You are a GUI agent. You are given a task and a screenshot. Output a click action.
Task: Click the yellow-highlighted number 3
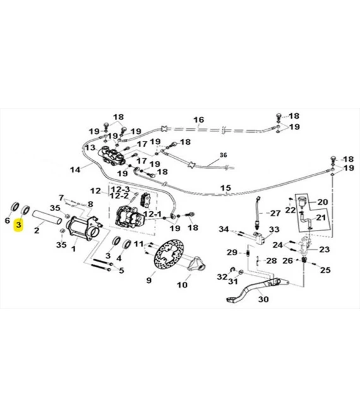(x=19, y=225)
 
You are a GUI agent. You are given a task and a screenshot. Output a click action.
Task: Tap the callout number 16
(x=199, y=119)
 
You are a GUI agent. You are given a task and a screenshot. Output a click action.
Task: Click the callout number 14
(x=76, y=169)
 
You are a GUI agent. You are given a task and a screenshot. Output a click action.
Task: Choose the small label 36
(x=222, y=155)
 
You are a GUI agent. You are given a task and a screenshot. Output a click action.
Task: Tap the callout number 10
(x=183, y=285)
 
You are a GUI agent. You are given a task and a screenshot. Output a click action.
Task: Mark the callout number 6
(x=8, y=221)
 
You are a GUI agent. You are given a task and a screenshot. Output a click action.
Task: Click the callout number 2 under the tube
(x=37, y=231)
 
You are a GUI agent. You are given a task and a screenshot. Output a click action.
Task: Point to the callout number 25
(x=325, y=270)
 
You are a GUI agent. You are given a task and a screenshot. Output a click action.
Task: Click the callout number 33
(x=274, y=229)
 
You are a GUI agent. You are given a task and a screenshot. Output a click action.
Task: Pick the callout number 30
(x=263, y=299)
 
